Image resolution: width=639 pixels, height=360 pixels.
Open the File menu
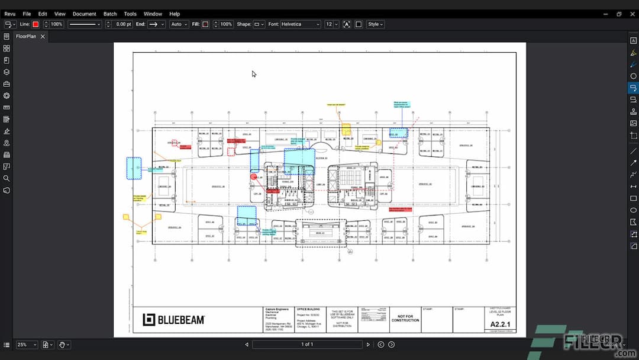27,14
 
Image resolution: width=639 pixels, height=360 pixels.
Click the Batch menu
110,14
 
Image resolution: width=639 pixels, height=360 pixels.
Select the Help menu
175,14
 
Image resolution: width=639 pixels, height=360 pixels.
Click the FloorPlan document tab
26,36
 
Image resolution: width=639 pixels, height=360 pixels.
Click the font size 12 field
329,24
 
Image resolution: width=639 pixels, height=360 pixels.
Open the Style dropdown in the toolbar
375,24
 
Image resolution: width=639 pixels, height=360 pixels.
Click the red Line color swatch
35,24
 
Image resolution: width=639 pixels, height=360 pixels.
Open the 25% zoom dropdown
27,345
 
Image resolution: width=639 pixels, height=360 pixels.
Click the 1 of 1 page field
307,345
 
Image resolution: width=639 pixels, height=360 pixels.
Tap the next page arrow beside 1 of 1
368,345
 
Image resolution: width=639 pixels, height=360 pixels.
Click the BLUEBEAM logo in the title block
174,320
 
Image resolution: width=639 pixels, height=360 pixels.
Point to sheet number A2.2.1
501,324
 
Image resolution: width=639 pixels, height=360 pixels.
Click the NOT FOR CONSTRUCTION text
405,319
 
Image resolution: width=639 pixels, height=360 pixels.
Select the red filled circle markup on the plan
254,176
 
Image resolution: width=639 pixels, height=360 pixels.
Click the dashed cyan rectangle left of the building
134,169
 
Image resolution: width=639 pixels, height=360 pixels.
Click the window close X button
631,14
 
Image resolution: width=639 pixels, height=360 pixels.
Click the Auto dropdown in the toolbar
178,24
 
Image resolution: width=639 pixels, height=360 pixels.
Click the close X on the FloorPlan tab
43,36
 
